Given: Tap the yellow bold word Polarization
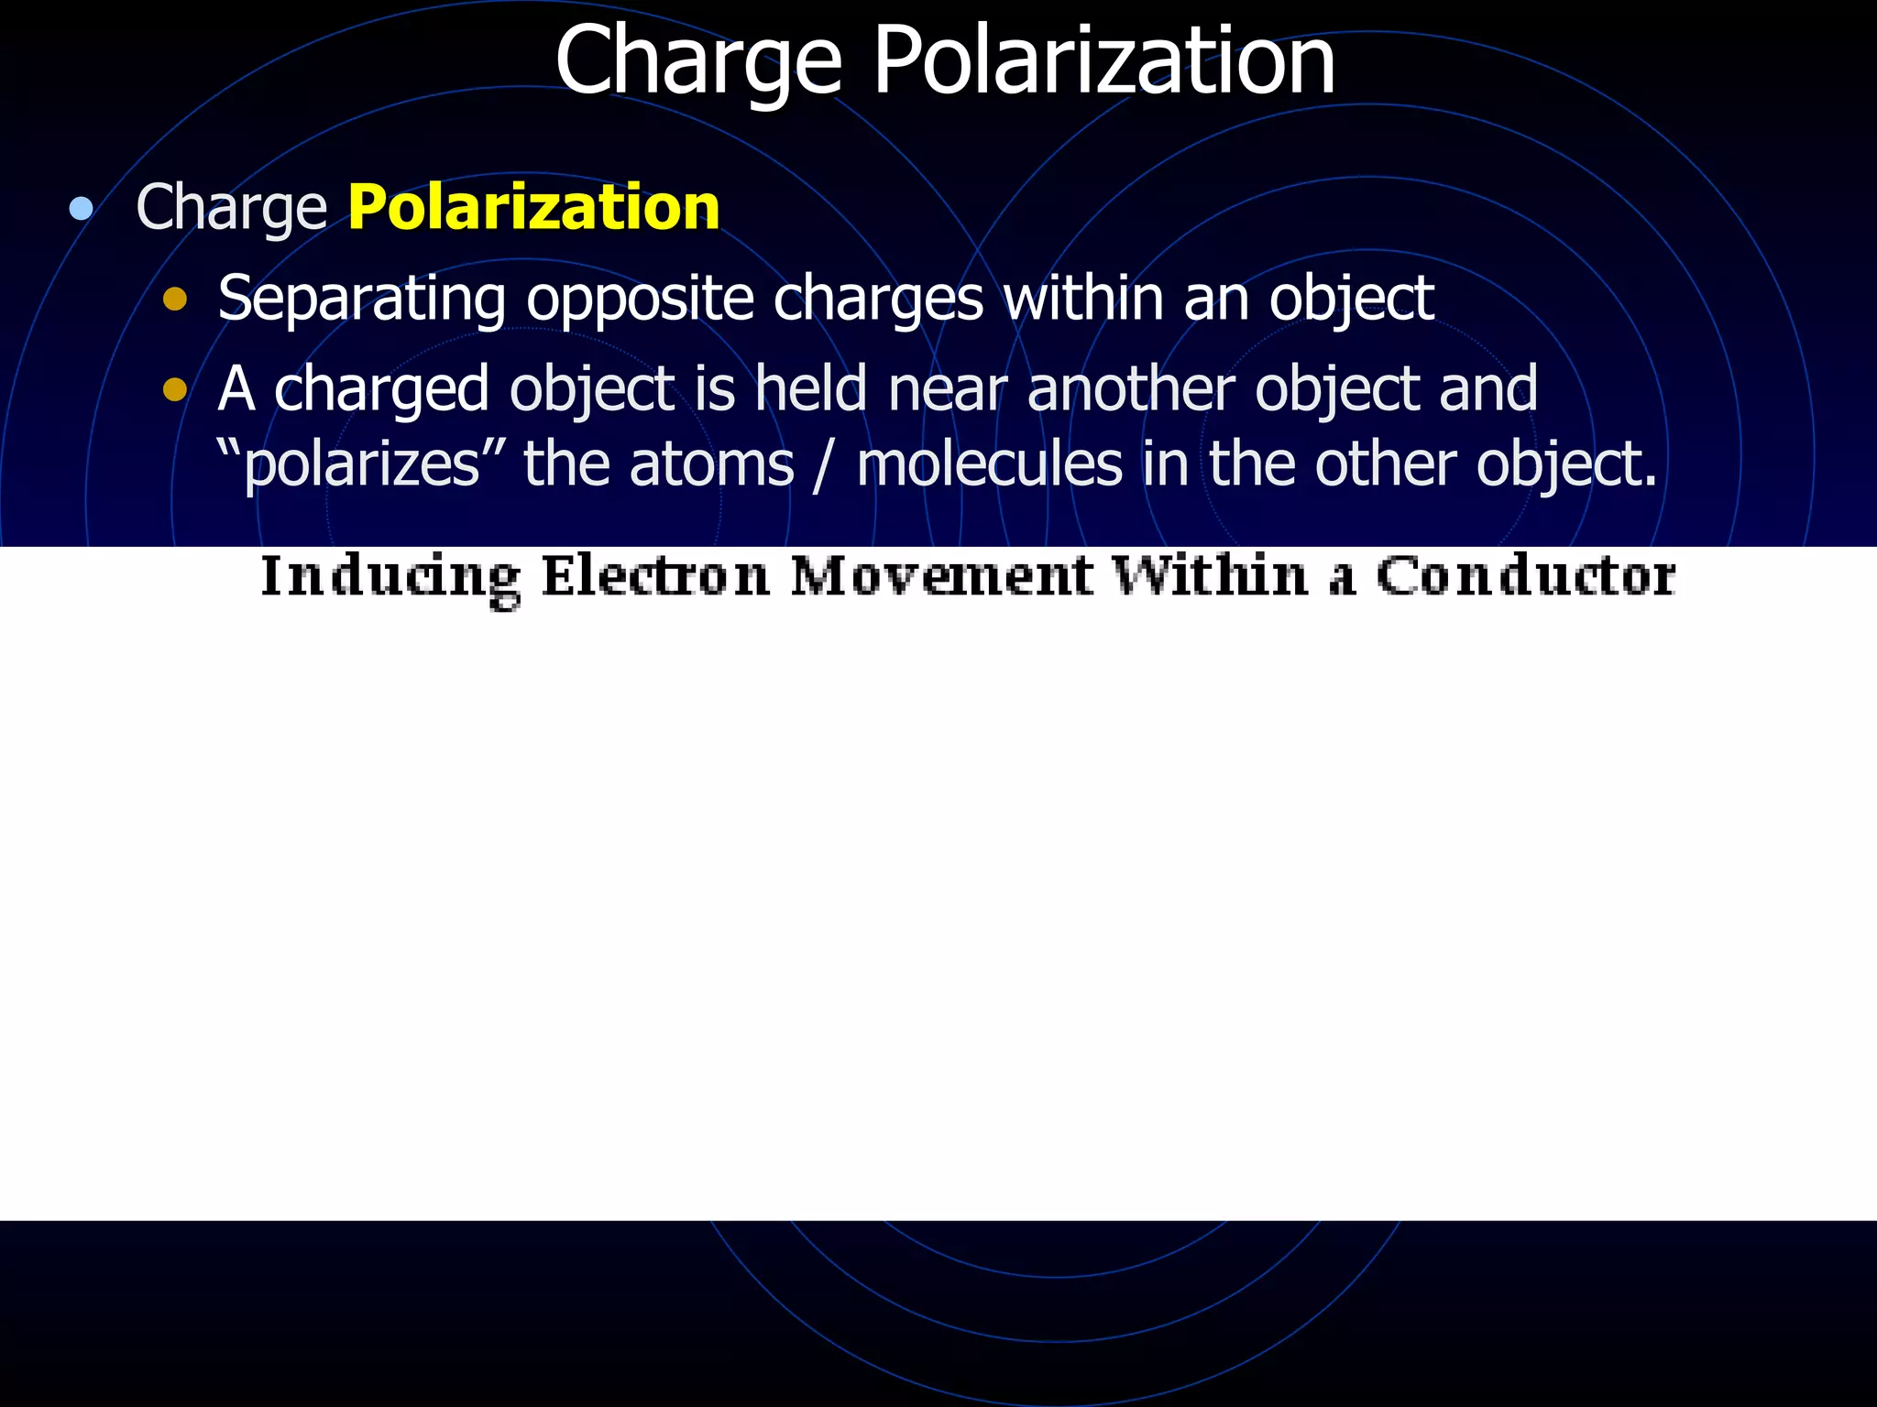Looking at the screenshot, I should coord(533,207).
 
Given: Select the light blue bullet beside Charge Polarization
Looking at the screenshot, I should coord(82,209).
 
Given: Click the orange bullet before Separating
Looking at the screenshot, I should coord(175,300).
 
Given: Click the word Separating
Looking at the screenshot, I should coord(361,300).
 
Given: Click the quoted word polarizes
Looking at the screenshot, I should coord(362,464).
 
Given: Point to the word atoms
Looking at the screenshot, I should coord(711,464).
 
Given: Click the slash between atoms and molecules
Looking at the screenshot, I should coord(825,464).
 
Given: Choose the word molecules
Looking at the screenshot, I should coord(989,464).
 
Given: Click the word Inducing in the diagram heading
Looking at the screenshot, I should coord(390,578).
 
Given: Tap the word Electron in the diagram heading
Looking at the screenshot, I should coord(654,576).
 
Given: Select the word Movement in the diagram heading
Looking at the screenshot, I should coord(941,576).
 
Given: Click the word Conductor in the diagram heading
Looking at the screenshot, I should coord(1526,576).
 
